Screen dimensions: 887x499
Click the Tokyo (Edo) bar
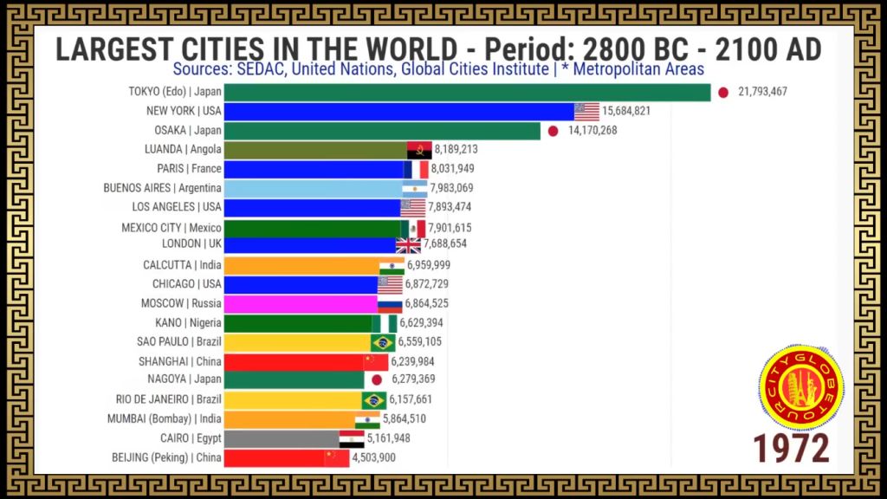point(467,92)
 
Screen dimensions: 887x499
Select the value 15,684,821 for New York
point(626,111)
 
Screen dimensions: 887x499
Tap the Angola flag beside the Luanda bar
point(419,150)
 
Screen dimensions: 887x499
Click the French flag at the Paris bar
point(416,169)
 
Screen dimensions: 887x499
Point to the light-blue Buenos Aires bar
point(314,188)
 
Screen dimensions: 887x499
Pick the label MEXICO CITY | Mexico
point(172,228)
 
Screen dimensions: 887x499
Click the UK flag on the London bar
point(409,245)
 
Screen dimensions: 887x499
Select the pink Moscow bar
point(301,304)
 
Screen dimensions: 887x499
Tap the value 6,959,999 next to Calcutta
point(429,265)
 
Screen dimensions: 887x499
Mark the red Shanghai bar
point(295,362)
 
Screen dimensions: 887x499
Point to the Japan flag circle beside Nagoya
point(377,379)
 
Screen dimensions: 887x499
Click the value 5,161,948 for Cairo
point(389,437)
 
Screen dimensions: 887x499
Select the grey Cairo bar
point(282,438)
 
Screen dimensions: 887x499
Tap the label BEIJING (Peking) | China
point(166,457)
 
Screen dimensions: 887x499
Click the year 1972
point(791,449)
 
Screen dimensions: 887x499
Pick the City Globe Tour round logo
point(801,387)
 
